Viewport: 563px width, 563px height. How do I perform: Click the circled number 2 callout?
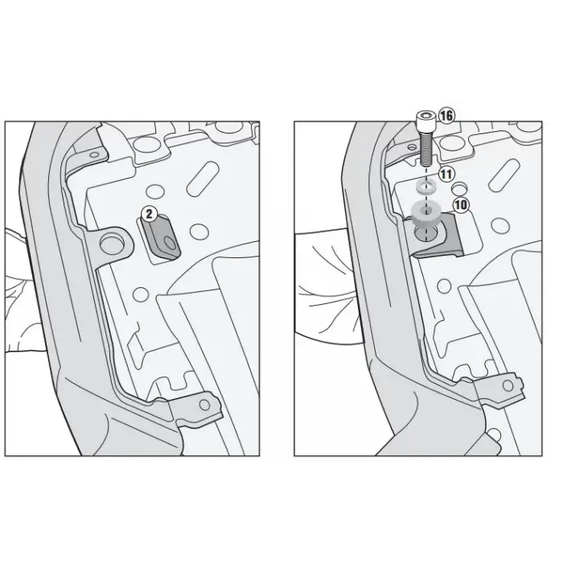pyautogui.click(x=149, y=214)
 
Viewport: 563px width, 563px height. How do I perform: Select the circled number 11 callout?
pyautogui.click(x=446, y=175)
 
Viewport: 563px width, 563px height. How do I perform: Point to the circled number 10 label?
pyautogui.click(x=461, y=204)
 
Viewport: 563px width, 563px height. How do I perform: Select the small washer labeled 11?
pyautogui.click(x=425, y=187)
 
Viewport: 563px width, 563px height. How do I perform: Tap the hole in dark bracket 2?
pyautogui.click(x=171, y=244)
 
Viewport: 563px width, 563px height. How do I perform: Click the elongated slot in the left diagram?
pyautogui.click(x=203, y=179)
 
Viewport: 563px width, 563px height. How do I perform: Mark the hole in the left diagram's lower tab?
pyautogui.click(x=204, y=405)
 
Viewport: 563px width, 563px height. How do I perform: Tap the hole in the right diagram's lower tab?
pyautogui.click(x=508, y=386)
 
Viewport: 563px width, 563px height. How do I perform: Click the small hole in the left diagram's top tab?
pyautogui.click(x=94, y=154)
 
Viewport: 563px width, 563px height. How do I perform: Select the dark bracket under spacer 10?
pyautogui.click(x=435, y=236)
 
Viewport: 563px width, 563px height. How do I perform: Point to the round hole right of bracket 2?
pyautogui.click(x=199, y=231)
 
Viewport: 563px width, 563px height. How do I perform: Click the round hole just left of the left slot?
pyautogui.click(x=155, y=191)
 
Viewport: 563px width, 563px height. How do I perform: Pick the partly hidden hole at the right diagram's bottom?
pyautogui.click(x=495, y=434)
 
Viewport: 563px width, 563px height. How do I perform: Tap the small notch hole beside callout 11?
pyautogui.click(x=458, y=187)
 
